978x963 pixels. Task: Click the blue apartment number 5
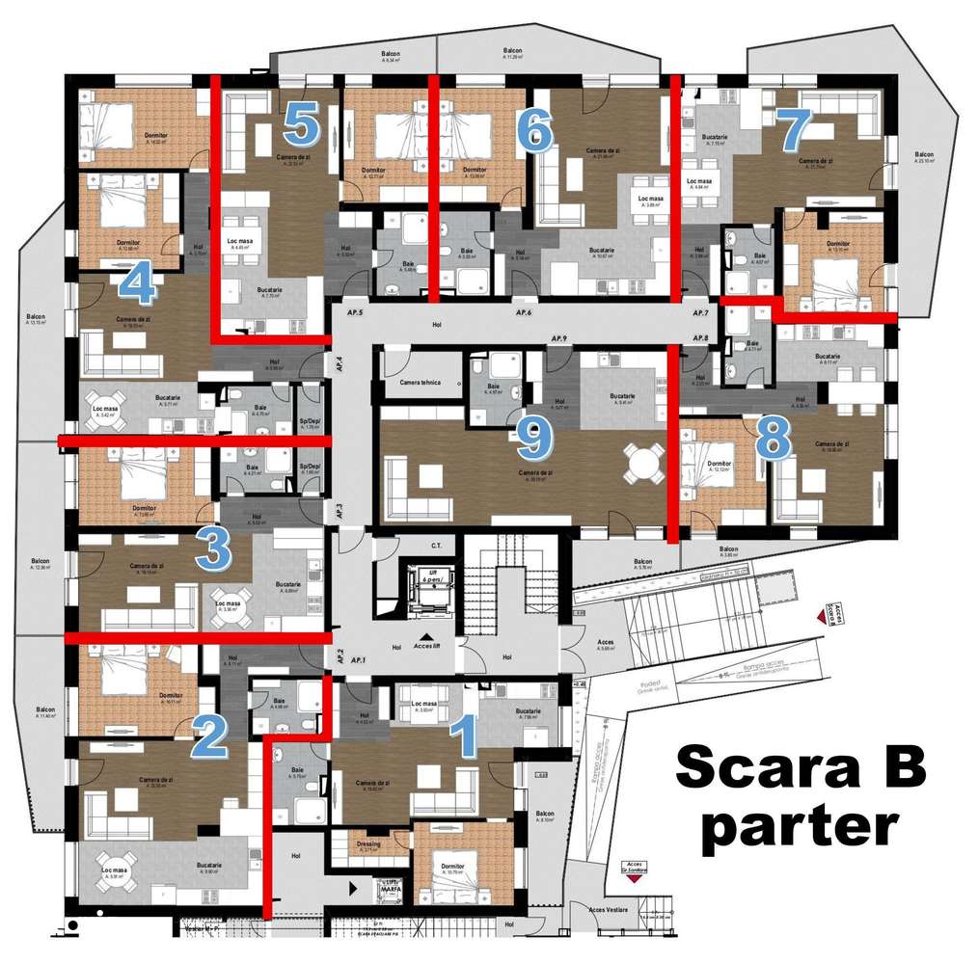[x=302, y=126]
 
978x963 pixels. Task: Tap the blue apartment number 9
[x=533, y=439]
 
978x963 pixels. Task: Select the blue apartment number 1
[x=465, y=738]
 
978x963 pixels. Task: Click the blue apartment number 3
[x=213, y=550]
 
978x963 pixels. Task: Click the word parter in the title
[x=800, y=826]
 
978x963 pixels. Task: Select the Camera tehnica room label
[x=421, y=383]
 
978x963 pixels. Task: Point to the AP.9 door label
[x=558, y=339]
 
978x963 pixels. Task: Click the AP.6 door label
[x=524, y=313]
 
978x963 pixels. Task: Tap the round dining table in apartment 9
[x=643, y=464]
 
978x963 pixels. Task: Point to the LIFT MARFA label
[x=391, y=888]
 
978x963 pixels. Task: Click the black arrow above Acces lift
[x=426, y=637]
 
